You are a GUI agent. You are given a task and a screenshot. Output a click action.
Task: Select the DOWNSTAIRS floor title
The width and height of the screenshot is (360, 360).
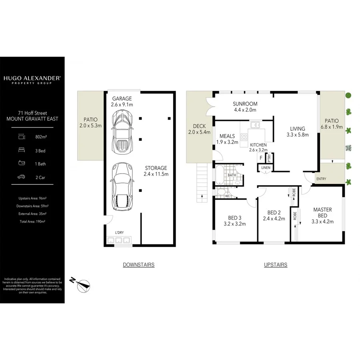pyautogui.click(x=138, y=265)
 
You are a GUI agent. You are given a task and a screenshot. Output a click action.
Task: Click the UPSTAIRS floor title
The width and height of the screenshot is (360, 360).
pyautogui.click(x=275, y=265)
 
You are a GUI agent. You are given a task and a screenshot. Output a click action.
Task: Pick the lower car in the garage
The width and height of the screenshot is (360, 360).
pyautogui.click(x=122, y=186)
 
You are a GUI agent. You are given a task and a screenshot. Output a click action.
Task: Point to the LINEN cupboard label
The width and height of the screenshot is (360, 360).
pyautogui.click(x=266, y=168)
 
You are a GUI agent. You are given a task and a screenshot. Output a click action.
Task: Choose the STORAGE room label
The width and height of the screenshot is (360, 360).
pyautogui.click(x=156, y=168)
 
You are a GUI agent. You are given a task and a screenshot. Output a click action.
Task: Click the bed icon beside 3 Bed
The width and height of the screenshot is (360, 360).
pyautogui.click(x=21, y=150)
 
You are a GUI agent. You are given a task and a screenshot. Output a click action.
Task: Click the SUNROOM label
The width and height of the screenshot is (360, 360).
pyautogui.click(x=245, y=104)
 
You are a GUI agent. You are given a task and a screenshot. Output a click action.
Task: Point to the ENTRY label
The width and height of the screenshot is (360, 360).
pyautogui.click(x=321, y=179)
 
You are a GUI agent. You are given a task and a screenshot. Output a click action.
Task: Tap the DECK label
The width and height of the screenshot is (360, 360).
pyautogui.click(x=199, y=126)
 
